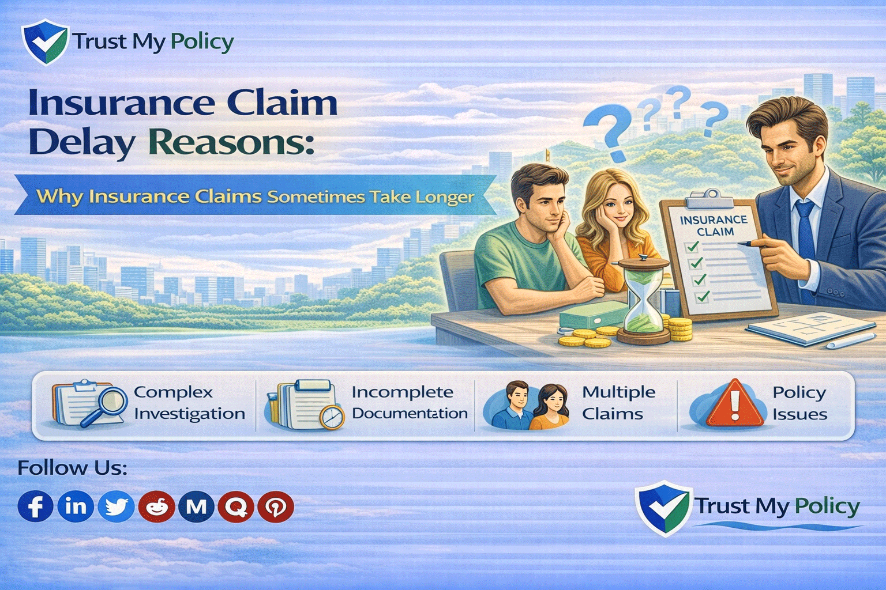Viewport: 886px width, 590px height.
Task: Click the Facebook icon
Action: pyautogui.click(x=35, y=506)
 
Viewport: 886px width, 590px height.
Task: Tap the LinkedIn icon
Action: pyautogui.click(x=76, y=506)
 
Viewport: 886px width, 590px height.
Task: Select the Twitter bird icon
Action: pyautogui.click(x=116, y=506)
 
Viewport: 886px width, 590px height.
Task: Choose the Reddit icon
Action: pyautogui.click(x=156, y=506)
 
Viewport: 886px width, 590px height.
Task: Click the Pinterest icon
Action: pyautogui.click(x=276, y=507)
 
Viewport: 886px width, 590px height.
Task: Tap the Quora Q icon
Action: pyautogui.click(x=236, y=507)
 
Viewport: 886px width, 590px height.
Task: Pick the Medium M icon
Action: pyautogui.click(x=196, y=507)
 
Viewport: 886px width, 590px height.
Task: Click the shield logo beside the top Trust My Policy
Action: pyautogui.click(x=44, y=41)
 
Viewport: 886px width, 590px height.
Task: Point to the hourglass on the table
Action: pyautogui.click(x=643, y=300)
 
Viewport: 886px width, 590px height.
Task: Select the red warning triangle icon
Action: pyautogui.click(x=734, y=403)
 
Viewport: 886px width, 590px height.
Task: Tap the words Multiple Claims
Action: pyautogui.click(x=618, y=403)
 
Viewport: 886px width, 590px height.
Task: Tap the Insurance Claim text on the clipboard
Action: pyautogui.click(x=714, y=225)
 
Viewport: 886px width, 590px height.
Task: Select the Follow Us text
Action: pyautogui.click(x=72, y=467)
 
